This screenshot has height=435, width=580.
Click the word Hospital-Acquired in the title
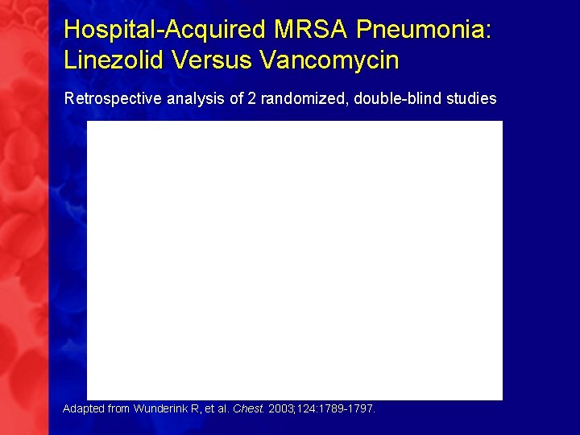coord(166,30)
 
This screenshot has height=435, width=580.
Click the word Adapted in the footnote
coord(83,408)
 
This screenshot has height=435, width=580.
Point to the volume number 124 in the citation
coord(306,408)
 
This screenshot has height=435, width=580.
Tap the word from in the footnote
coord(118,408)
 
